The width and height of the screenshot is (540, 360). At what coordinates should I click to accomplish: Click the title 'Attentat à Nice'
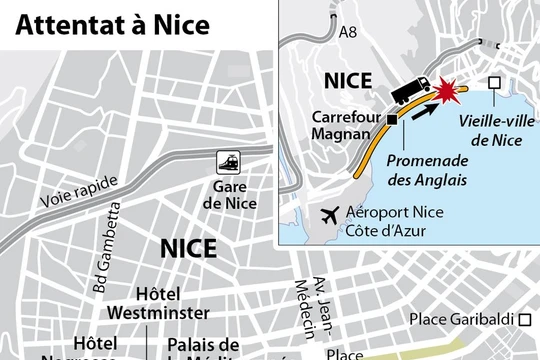112,23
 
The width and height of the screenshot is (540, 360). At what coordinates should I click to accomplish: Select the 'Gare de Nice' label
229,195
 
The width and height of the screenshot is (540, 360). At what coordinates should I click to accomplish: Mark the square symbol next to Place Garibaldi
526,321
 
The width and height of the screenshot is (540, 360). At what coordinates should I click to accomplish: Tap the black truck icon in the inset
411,91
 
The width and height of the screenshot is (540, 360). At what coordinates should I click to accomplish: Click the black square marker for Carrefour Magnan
392,119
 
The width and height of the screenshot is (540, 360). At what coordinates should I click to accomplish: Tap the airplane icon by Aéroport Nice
327,213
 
